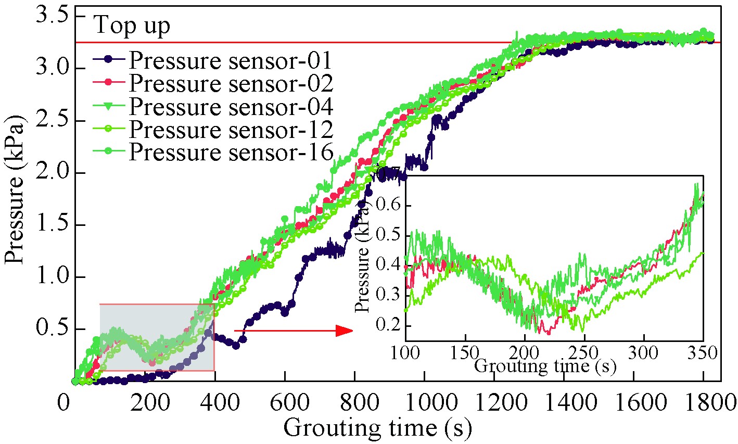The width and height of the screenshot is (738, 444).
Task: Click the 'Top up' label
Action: [x=132, y=26]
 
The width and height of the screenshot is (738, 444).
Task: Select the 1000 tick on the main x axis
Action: [x=425, y=403]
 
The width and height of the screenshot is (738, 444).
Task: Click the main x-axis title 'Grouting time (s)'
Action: [x=378, y=428]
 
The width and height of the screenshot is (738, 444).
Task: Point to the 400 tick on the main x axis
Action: [x=215, y=403]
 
